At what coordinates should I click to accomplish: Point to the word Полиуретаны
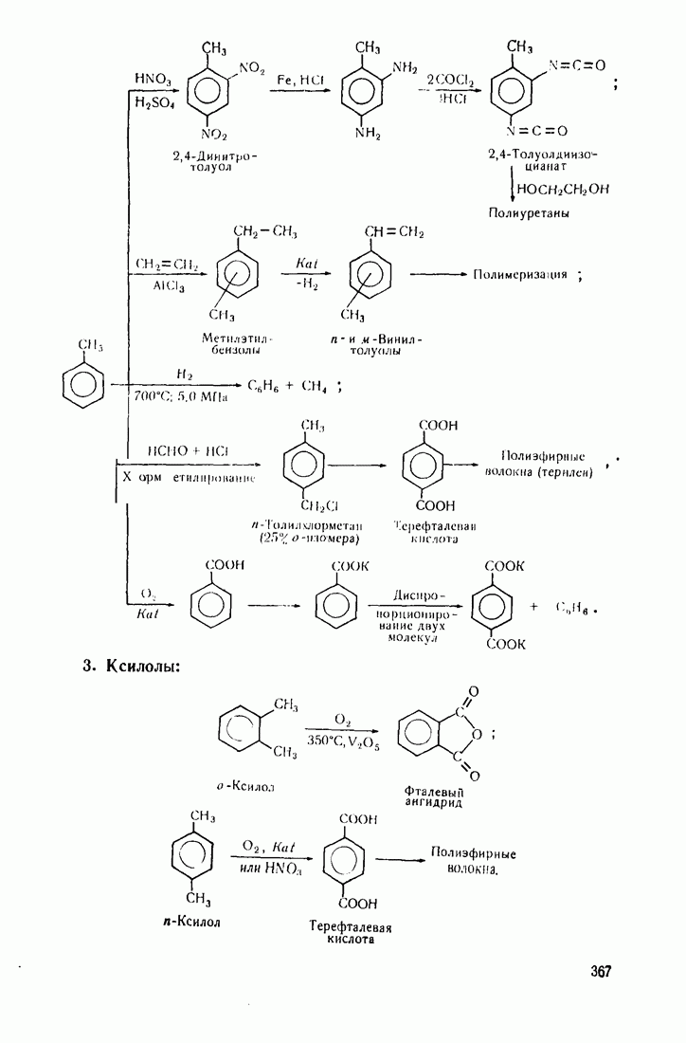(x=530, y=214)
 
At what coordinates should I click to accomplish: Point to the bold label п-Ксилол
(x=192, y=920)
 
